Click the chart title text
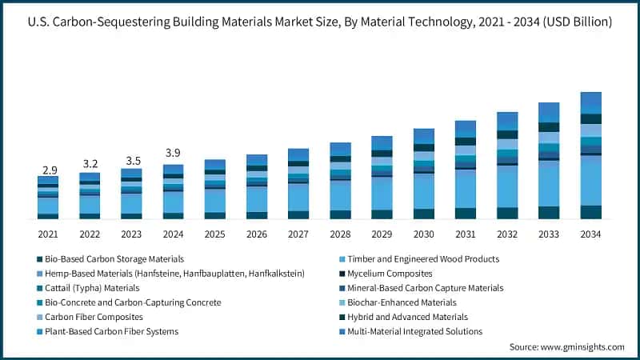coord(320,22)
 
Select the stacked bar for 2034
coord(590,155)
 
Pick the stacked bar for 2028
coord(340,181)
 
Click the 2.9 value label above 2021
coord(48,170)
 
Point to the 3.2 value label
coord(90,164)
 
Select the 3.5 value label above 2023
coord(131,160)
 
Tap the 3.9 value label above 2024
coord(173,153)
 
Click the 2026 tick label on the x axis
coord(257,234)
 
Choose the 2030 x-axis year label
coord(423,234)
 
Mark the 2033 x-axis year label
coord(549,234)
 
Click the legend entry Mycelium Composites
coord(385,274)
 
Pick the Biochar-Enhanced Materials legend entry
coord(396,302)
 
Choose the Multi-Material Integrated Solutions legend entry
coord(410,331)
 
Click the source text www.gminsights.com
coord(566,347)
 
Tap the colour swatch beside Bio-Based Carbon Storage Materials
coord(40,259)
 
